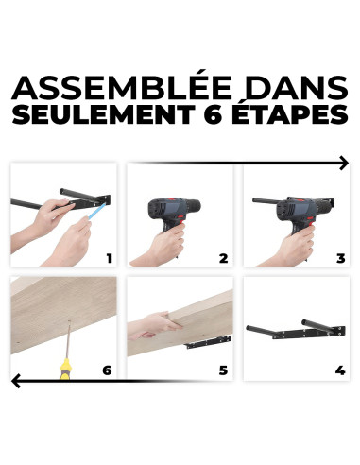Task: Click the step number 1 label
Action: tap(109, 257)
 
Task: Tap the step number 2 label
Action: tap(223, 257)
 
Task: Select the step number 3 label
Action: tap(340, 257)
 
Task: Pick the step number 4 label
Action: tap(340, 369)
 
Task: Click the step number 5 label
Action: tap(223, 369)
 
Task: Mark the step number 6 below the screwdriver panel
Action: tap(107, 369)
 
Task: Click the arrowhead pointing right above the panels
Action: tap(342, 164)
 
